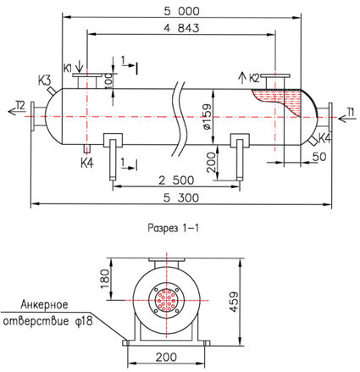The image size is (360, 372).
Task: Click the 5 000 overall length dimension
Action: point(181,11)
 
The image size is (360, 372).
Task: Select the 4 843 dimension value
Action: point(181,28)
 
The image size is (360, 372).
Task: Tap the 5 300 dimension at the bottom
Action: point(181,197)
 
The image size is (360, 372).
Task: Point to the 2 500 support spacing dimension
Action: point(176,180)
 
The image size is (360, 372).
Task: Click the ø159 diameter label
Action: point(207,117)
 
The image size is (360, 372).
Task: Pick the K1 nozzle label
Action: point(68,68)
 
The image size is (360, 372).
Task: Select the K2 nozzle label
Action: point(254,78)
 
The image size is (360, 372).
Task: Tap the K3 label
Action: point(45,81)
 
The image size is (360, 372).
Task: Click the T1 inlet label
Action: point(350,112)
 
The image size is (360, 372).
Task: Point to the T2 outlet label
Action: point(20,105)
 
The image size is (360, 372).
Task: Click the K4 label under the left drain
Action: point(86,163)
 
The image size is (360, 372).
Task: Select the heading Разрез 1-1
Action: point(173,228)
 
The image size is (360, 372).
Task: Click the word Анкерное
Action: point(44,304)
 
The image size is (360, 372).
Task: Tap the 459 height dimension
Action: point(234,302)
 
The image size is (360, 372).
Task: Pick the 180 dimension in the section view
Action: point(105,279)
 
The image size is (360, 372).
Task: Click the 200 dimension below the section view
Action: point(166,357)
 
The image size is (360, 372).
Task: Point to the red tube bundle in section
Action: point(166,300)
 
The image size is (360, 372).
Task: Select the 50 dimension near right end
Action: point(319,157)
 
